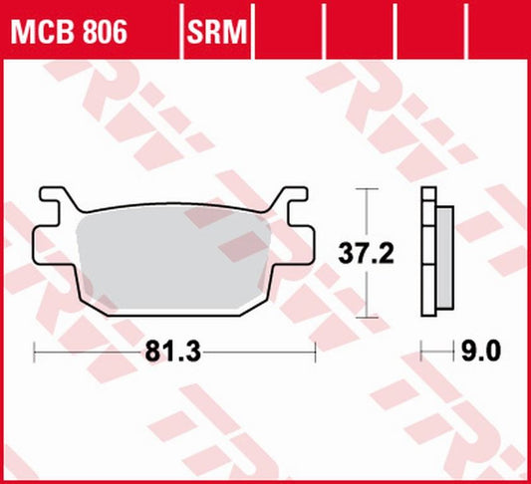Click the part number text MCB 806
click(x=69, y=32)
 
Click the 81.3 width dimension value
click(x=166, y=351)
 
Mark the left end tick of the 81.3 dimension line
click(x=35, y=351)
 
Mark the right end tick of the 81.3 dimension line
click(x=316, y=351)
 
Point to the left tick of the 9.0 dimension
click(x=421, y=351)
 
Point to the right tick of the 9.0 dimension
click(x=453, y=351)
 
